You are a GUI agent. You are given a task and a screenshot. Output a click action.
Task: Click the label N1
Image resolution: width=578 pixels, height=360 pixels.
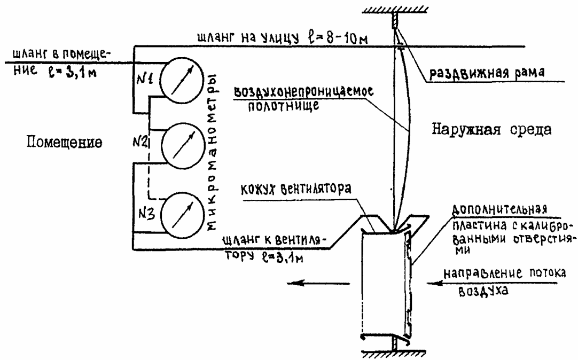pos(145,79)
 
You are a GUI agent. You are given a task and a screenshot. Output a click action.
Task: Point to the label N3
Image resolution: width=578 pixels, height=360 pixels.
pos(147,213)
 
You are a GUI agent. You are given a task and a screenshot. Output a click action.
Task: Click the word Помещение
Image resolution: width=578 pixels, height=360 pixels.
pos(65,142)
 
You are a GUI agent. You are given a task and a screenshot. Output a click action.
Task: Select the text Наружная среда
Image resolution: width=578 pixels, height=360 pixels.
pos(492,129)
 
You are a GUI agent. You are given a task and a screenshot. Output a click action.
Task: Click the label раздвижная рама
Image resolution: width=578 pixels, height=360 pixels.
pos(487,72)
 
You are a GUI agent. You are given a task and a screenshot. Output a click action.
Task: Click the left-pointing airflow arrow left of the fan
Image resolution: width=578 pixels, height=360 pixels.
pos(318,284)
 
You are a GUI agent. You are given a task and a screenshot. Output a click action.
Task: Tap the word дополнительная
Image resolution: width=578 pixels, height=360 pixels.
pos(499,209)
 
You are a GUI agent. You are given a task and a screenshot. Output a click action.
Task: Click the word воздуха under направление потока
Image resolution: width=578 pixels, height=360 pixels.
pos(483,291)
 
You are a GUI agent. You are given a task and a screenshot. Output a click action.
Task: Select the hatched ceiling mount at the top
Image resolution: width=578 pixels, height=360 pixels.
pos(395,10)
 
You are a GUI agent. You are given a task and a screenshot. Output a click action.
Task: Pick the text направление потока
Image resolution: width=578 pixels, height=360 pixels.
pos(505,274)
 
